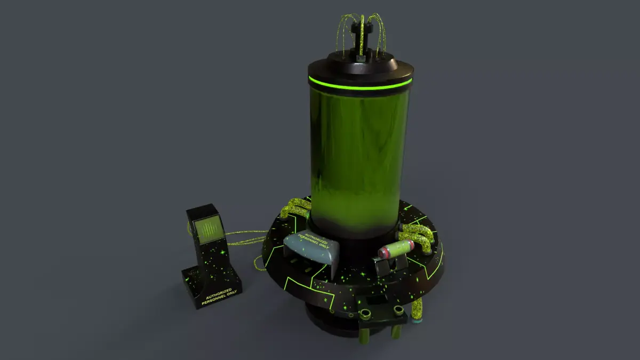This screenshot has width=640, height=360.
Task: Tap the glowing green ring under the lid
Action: coord(361,84)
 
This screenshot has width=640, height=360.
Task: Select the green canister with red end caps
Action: coord(396,249)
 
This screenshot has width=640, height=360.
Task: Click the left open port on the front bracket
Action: coord(367,313)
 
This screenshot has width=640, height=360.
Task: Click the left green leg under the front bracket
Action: coord(364,334)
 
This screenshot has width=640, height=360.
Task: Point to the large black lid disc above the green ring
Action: coord(361,69)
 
